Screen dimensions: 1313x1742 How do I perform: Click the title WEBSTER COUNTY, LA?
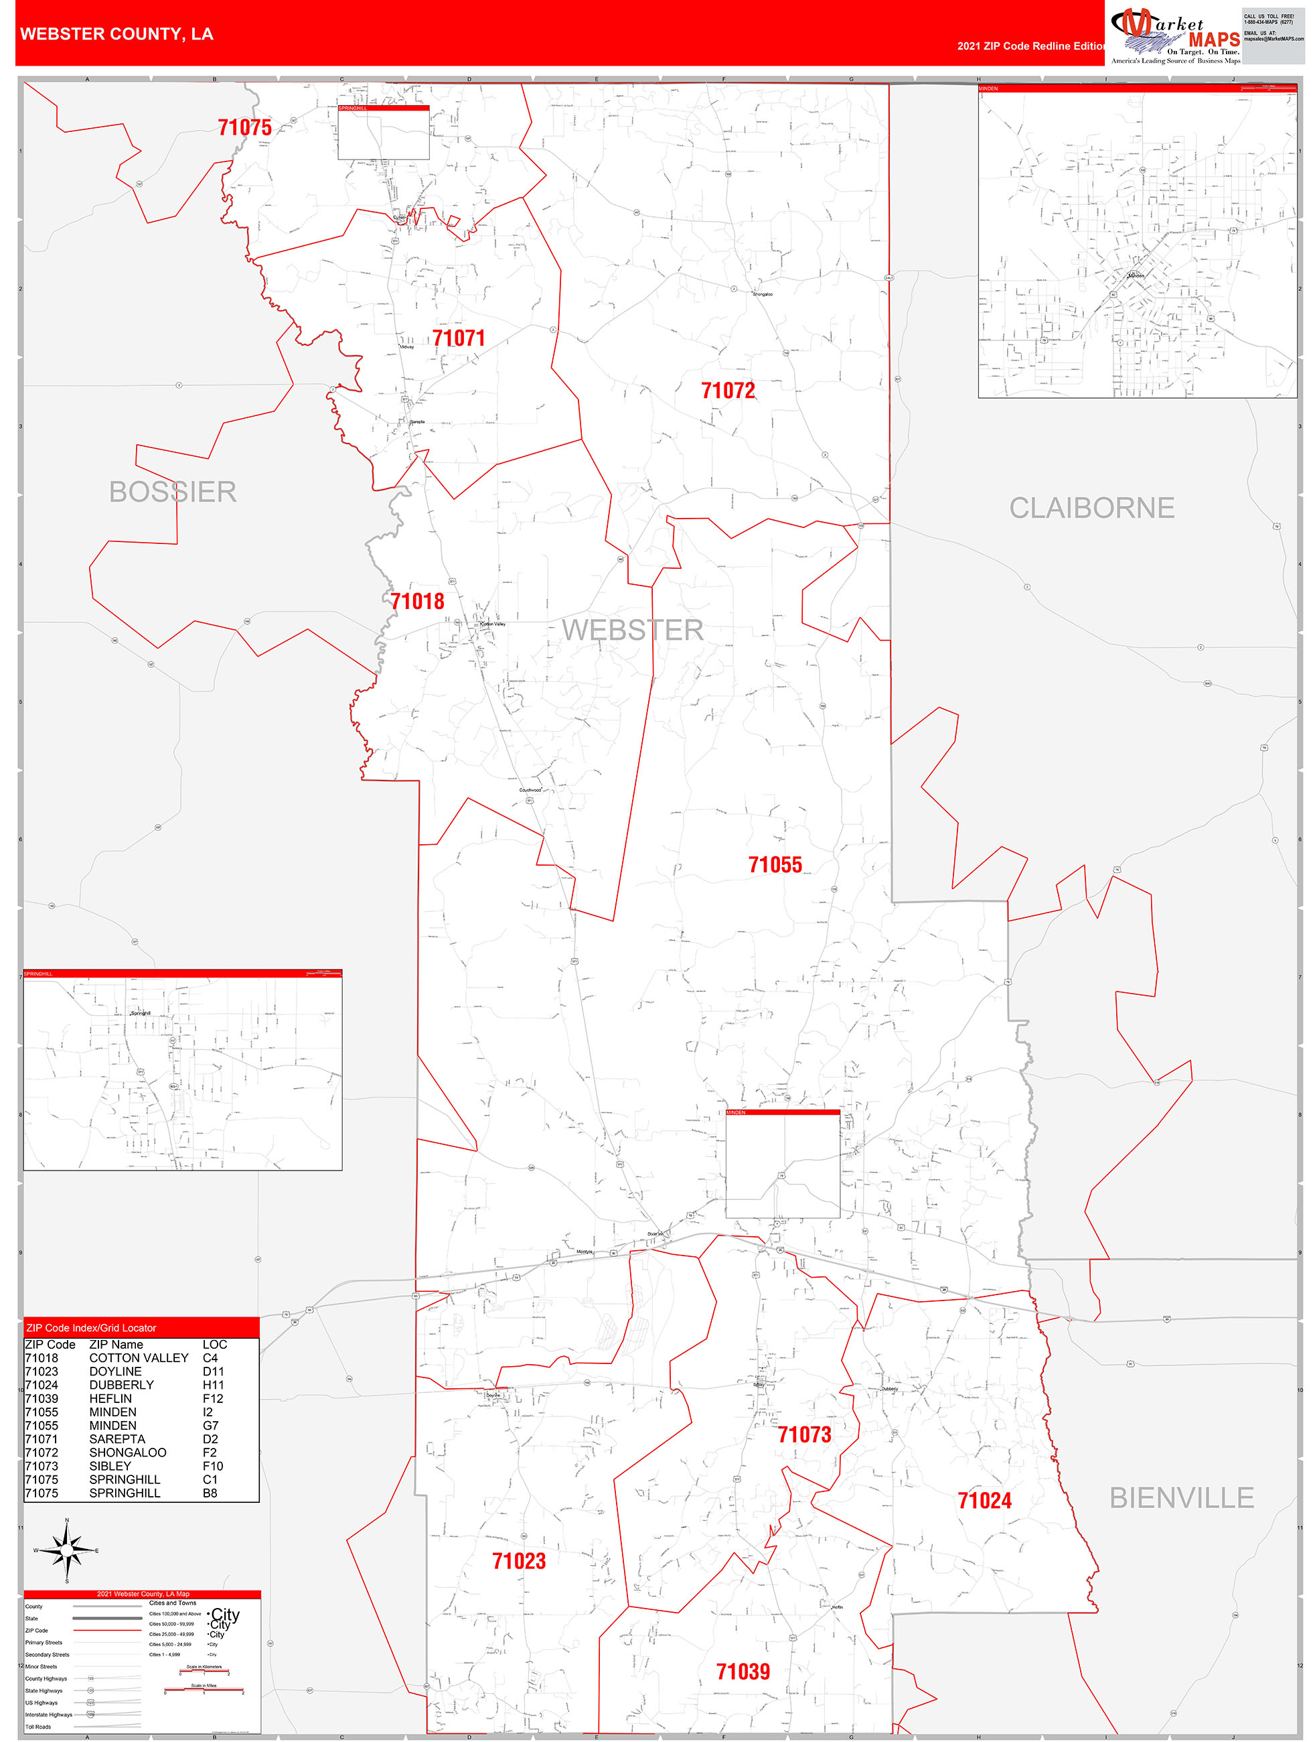[x=117, y=34]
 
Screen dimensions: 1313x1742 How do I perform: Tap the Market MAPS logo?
[x=1175, y=36]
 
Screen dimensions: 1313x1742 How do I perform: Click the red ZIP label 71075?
[x=245, y=127]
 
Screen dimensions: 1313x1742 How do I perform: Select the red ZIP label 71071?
[x=458, y=338]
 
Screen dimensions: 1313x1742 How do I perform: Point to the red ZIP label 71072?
[x=727, y=391]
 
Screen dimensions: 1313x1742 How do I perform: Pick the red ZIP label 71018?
[x=417, y=602]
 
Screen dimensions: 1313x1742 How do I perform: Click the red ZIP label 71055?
[x=775, y=865]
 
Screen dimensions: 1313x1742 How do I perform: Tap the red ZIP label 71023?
[x=519, y=1561]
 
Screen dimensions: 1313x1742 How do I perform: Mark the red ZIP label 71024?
[x=984, y=1500]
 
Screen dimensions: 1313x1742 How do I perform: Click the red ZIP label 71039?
[x=743, y=1671]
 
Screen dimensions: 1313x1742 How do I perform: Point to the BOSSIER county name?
[x=172, y=492]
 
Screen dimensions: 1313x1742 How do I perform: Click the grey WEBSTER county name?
[x=632, y=630]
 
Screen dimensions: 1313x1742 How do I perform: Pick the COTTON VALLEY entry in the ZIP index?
[x=139, y=1357]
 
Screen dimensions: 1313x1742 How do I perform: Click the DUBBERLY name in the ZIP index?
[x=121, y=1384]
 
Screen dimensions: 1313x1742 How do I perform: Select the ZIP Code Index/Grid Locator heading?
[x=91, y=1328]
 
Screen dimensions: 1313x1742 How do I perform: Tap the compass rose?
[x=67, y=1550]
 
